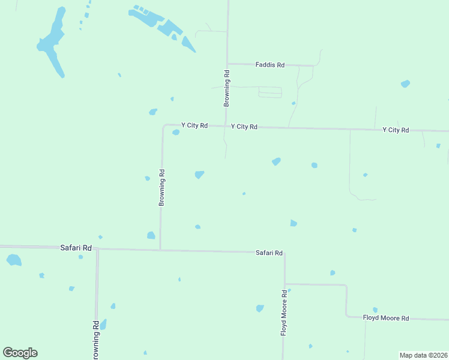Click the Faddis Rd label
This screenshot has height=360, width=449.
tap(270, 65)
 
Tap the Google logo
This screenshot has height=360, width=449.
tap(20, 353)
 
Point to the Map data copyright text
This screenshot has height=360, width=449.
tap(423, 355)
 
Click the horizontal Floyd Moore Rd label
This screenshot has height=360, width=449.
tap(386, 318)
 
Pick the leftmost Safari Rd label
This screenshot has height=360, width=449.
tap(76, 248)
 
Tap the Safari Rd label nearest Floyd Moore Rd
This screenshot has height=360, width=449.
tap(269, 253)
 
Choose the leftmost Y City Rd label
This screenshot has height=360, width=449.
tap(194, 125)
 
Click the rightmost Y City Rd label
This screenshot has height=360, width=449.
tap(396, 130)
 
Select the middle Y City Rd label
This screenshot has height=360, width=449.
tap(244, 127)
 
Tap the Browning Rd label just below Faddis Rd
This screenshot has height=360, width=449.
tap(227, 89)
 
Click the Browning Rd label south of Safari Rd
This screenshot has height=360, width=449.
tap(95, 340)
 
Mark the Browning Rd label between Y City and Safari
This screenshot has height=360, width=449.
tap(161, 188)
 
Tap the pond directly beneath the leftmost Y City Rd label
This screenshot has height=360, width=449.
tap(175, 133)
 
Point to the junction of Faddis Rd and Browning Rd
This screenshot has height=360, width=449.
tap(227, 64)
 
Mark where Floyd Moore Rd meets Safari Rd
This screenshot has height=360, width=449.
tap(285, 253)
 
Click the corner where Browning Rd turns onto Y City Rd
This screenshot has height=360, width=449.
tap(163, 126)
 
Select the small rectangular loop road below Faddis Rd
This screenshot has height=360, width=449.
tap(270, 92)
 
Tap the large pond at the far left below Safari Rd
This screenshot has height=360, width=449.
tap(13, 260)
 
